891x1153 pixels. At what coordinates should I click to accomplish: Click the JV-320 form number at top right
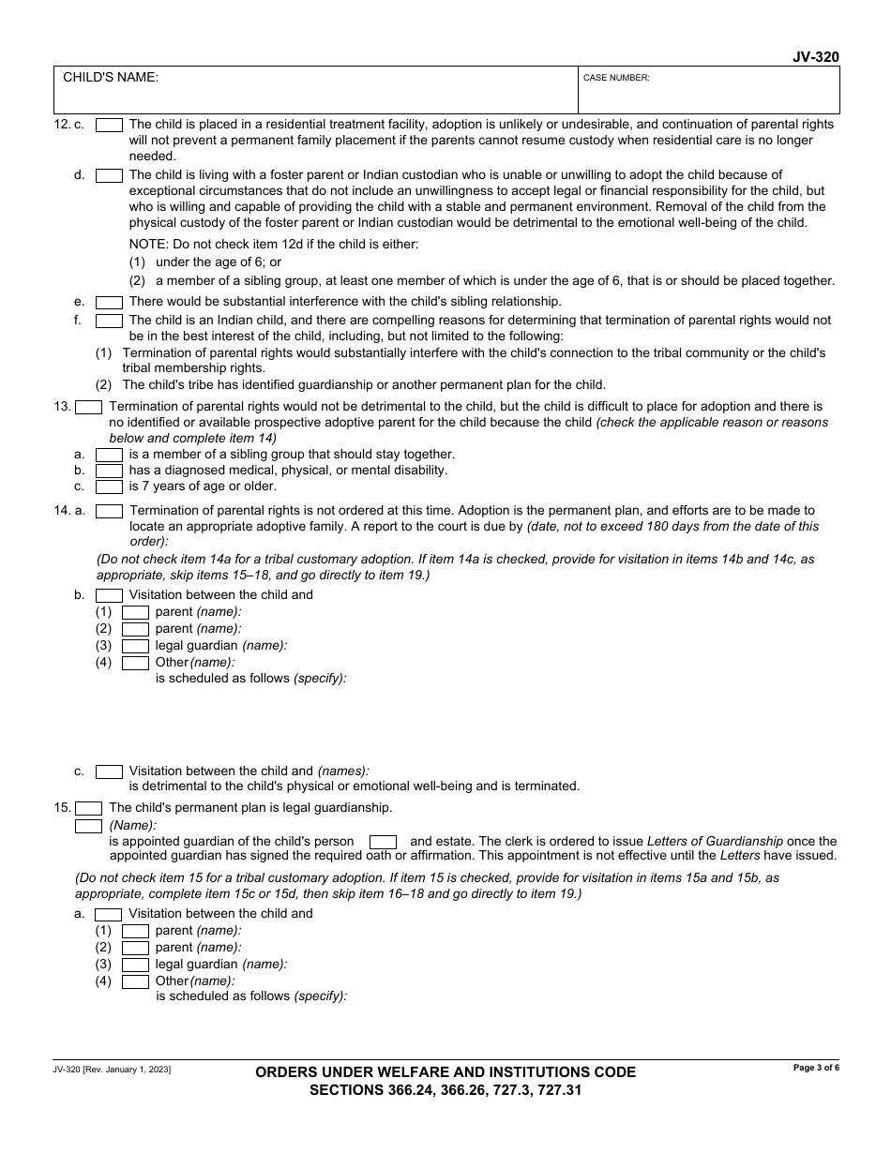[815, 57]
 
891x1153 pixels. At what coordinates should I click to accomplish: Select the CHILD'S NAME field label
[111, 78]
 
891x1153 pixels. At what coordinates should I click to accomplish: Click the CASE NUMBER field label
[616, 79]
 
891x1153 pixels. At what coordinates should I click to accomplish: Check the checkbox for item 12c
[110, 125]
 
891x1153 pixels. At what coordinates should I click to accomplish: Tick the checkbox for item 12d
[110, 175]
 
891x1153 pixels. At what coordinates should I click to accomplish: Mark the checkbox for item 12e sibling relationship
[110, 303]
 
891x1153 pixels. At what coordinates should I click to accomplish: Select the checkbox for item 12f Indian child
[110, 321]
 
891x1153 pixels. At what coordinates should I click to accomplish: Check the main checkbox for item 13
[89, 408]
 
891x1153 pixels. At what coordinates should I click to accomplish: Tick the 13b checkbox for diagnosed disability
[110, 471]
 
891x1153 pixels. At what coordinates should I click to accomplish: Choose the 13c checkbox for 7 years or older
[110, 487]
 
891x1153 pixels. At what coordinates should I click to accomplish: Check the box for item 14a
[110, 512]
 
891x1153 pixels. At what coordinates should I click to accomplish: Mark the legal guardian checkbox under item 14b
[136, 646]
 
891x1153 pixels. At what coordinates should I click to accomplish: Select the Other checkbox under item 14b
[136, 664]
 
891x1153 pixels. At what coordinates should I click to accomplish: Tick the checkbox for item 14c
[110, 772]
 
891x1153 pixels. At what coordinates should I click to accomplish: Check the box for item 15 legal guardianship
[89, 808]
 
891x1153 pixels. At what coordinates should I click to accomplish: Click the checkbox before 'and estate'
[383, 842]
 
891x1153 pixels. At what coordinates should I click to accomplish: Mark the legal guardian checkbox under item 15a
[136, 965]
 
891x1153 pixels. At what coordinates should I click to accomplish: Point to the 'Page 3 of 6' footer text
[816, 1068]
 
